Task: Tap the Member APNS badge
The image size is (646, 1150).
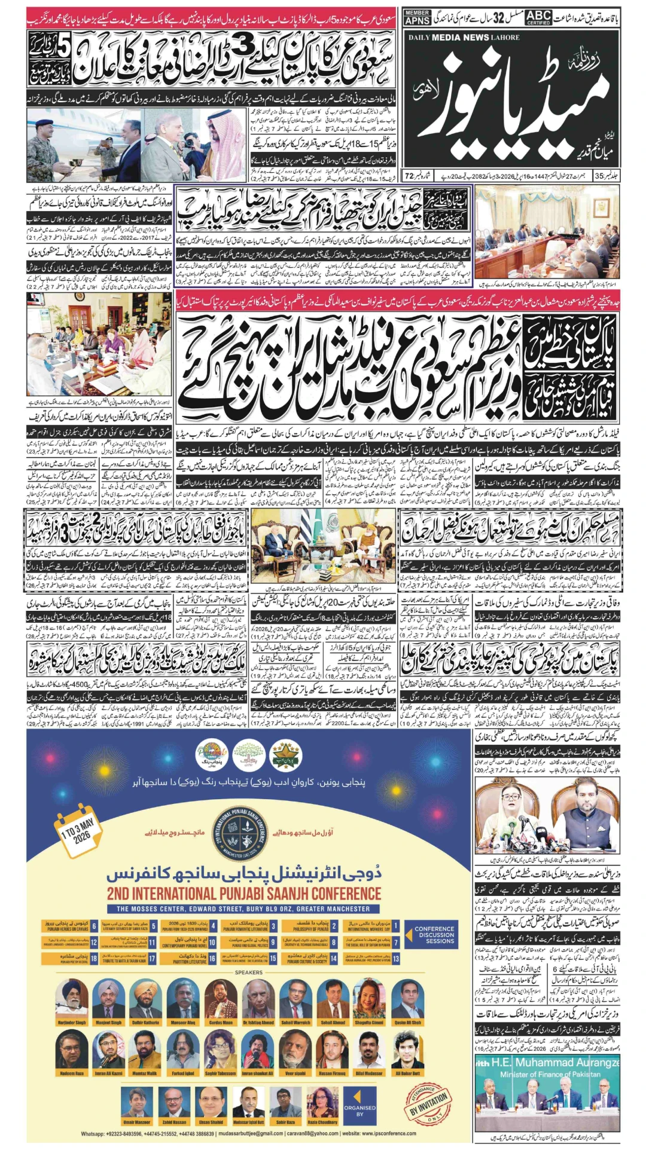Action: point(417,17)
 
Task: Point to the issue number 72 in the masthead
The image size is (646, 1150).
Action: point(410,176)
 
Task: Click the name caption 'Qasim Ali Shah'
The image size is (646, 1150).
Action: point(407,1023)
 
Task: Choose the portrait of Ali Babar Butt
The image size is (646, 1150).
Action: point(407,1050)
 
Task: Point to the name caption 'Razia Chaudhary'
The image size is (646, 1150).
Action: point(322,1122)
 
